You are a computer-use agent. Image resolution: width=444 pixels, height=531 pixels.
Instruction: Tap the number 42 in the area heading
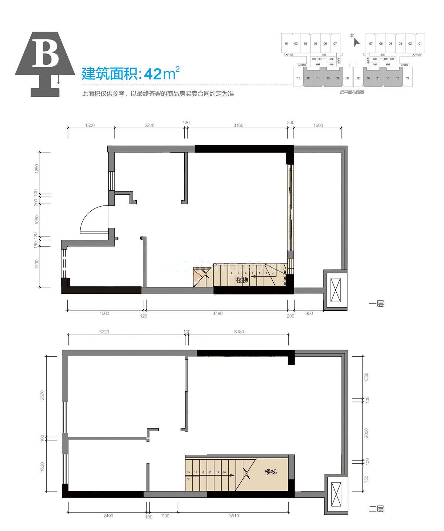coord(152,74)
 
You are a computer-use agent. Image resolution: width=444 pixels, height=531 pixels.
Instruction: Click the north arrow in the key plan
coord(356,42)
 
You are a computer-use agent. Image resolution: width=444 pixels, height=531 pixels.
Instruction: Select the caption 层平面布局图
coord(352,92)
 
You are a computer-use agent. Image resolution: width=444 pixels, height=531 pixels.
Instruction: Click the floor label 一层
coord(376,304)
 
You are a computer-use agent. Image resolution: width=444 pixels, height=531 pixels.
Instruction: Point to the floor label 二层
coord(376,509)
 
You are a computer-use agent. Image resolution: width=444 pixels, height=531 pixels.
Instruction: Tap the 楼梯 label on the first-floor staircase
coord(242,280)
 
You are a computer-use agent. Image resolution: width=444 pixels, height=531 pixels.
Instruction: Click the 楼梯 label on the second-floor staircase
coord(270,472)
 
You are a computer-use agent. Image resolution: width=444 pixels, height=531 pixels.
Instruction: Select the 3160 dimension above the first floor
coord(238,125)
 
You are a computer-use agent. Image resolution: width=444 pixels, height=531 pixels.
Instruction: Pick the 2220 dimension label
coord(149,125)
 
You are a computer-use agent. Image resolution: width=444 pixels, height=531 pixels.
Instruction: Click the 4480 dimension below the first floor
coord(218,313)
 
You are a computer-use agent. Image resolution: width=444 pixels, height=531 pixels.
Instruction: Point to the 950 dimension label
coord(309,313)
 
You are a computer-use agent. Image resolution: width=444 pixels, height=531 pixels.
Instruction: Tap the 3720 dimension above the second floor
coord(104,332)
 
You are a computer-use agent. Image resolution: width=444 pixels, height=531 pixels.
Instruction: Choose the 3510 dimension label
coord(234,516)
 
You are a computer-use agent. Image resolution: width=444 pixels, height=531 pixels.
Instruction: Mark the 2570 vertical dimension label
coord(42,395)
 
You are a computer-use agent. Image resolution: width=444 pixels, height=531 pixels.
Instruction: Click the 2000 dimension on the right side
coord(366,433)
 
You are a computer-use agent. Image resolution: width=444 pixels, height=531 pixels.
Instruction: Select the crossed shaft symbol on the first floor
coord(335,290)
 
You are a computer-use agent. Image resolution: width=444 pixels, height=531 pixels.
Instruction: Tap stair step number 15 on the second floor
coord(188,472)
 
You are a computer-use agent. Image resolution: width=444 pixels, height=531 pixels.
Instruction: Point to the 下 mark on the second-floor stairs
coord(188,479)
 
